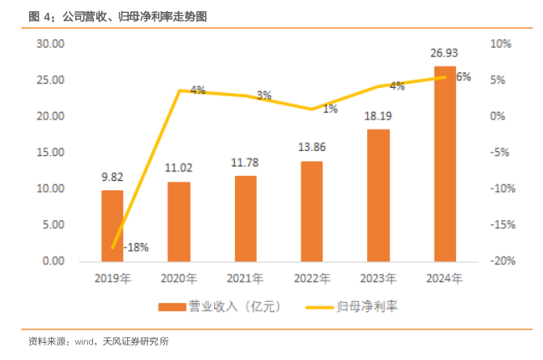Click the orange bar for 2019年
tap(112, 225)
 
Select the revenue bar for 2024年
tap(445, 163)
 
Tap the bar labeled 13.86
tap(312, 211)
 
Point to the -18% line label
tap(136, 247)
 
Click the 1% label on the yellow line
tap(330, 108)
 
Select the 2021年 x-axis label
tap(245, 278)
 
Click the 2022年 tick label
tap(312, 278)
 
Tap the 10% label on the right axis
tap(500, 44)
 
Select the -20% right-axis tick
tap(500, 261)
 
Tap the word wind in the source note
tap(85, 342)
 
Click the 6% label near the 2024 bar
tap(464, 77)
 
